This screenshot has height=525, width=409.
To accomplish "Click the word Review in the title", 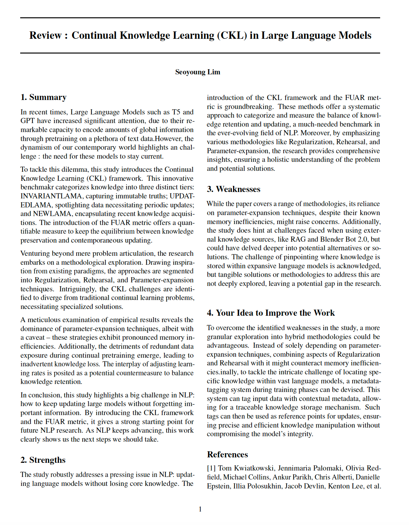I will pos(45,35).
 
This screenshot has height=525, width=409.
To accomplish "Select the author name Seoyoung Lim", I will pos(197,72).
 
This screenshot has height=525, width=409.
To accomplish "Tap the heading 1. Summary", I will pos(43,97).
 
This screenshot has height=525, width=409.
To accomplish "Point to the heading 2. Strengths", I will pos(43,460).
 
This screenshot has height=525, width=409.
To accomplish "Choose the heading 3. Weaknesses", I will pos(233,189).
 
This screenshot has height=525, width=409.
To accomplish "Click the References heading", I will pos(227,454).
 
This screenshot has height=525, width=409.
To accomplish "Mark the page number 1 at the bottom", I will pos(200,509).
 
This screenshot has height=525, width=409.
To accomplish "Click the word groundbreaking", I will pos(249,107).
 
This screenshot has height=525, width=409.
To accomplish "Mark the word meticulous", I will pos(44,320).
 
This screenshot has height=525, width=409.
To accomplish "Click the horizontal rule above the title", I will pos(200,18).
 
